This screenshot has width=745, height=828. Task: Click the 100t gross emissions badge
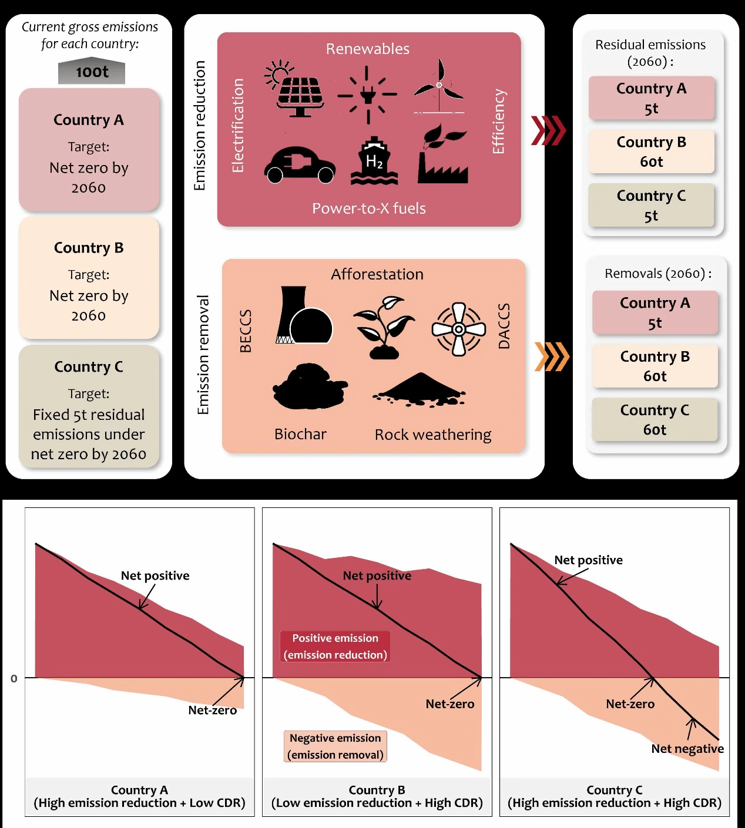click(92, 72)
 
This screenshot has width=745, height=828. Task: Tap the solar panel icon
click(297, 89)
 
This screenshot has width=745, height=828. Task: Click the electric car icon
click(300, 165)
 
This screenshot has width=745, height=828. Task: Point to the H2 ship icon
click(374, 161)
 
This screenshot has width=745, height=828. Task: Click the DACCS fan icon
click(459, 329)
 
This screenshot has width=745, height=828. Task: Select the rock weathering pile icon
click(420, 389)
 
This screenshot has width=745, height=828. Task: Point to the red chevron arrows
click(548, 130)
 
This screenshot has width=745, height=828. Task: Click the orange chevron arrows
click(552, 356)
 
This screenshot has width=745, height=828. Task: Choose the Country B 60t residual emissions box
click(651, 152)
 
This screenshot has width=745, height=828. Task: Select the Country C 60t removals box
click(655, 419)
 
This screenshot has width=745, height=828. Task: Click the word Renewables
click(368, 49)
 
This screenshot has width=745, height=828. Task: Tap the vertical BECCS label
click(246, 331)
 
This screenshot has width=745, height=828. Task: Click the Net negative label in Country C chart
click(687, 749)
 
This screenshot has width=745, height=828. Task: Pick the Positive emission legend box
click(335, 646)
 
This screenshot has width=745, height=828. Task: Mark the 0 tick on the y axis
click(14, 678)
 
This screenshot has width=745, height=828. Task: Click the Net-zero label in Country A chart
click(212, 710)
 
